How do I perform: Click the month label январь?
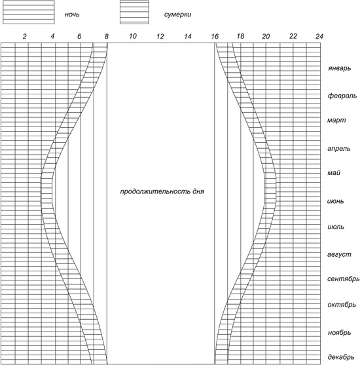pos(339,68)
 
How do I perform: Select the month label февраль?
pos(342,96)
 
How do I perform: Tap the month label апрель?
pos(339,149)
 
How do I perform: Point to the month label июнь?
pos(335,201)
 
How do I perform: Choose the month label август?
pos(339,254)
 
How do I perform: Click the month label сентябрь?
pos(343,279)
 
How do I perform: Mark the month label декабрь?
pos(341,357)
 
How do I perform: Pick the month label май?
pos(334,172)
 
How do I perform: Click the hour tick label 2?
pos(25,36)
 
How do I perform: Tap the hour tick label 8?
pos(107,36)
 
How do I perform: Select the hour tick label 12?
pos(160,36)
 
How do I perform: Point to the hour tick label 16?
pos(215,36)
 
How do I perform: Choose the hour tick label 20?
pos(266,36)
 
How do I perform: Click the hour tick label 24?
pos(319,36)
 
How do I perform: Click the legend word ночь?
pos(72,14)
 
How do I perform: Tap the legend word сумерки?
pos(177,14)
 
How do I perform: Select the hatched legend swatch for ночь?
pos(29,12)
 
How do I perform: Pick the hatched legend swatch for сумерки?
pos(134,12)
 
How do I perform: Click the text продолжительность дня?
pos(162,191)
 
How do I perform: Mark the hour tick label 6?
pos(79,36)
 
